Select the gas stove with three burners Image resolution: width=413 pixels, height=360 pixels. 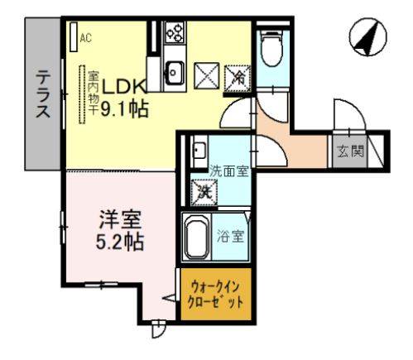tap(175, 33)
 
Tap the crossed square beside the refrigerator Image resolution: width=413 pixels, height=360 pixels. tap(206, 76)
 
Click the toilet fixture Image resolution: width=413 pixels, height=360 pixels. tap(270, 50)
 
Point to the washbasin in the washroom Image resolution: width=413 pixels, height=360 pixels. tap(199, 152)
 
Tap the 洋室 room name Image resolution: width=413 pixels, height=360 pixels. tap(121, 221)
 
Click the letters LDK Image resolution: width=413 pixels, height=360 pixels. tap(124, 86)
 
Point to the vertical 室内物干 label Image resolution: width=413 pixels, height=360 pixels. tap(94, 90)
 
